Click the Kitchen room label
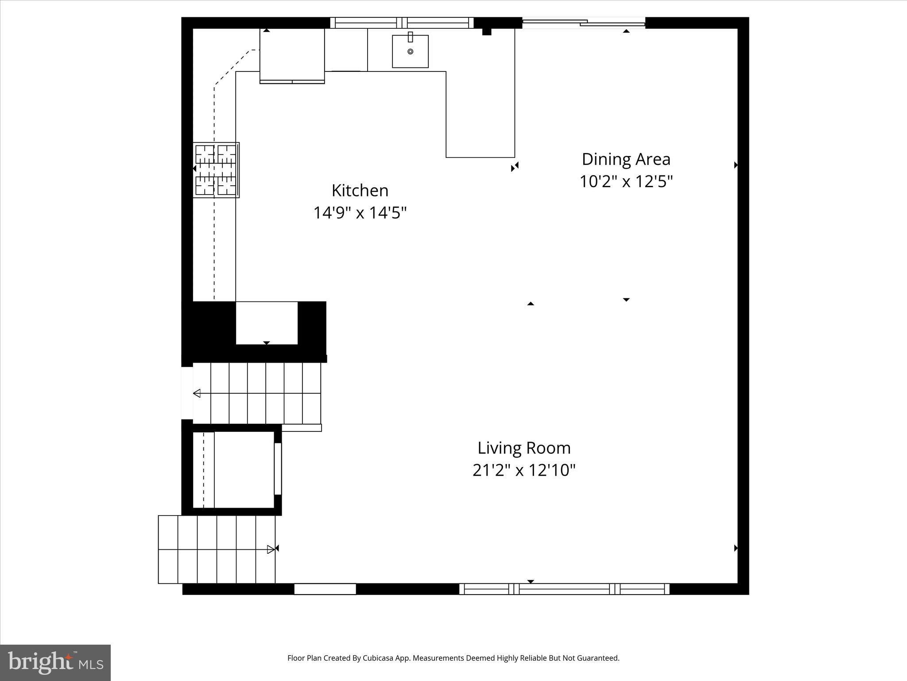click(x=360, y=191)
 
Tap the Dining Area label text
click(x=626, y=159)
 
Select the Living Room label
click(x=524, y=448)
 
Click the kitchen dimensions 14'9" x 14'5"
click(x=360, y=213)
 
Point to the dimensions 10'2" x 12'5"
click(x=626, y=181)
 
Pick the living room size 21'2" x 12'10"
click(x=524, y=470)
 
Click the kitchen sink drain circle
click(x=410, y=52)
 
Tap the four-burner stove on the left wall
click(x=216, y=170)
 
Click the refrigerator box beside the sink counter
click(x=292, y=55)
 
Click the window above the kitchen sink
click(x=402, y=23)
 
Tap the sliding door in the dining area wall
click(x=584, y=22)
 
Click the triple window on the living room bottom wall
click(x=564, y=589)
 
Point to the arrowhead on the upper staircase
click(x=197, y=393)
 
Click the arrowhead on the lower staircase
click(x=271, y=549)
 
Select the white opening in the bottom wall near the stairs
click(x=325, y=589)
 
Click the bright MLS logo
click(x=55, y=662)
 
